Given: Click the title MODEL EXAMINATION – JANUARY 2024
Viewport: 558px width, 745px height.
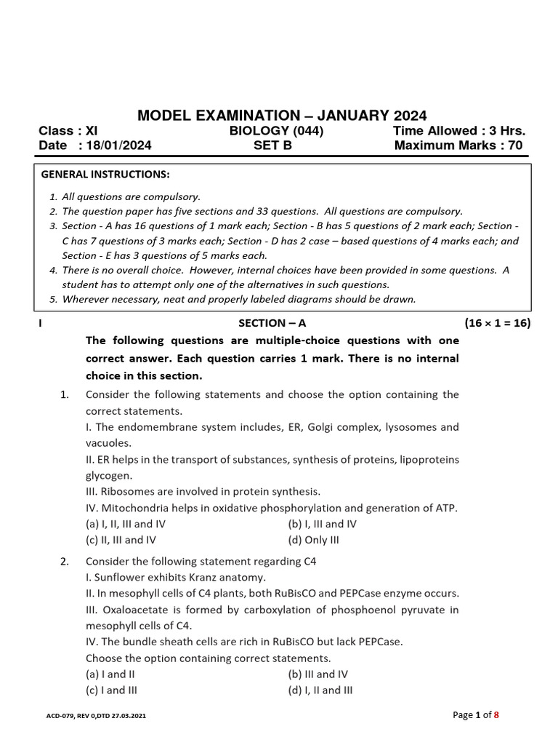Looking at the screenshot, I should click(283, 116).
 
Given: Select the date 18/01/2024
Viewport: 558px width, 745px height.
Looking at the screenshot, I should click(119, 146).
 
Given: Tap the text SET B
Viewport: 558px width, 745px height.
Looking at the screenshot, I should click(272, 146).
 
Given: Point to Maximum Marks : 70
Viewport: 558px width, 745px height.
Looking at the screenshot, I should click(458, 146).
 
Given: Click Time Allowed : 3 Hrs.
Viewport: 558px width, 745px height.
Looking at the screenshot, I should click(458, 131).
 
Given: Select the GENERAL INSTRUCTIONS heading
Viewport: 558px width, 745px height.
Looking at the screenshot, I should click(105, 175).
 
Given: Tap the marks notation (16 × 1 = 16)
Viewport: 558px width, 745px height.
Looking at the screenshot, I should click(497, 323).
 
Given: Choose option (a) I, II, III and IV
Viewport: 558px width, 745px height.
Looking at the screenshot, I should click(126, 524).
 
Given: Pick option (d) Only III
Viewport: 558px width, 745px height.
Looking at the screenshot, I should click(313, 540).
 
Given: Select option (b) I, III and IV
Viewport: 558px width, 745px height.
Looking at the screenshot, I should click(322, 524).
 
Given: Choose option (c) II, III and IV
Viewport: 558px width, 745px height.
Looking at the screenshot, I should click(121, 540).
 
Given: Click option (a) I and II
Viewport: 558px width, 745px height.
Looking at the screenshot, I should click(110, 674).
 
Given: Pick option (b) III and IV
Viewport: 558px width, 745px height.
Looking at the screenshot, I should click(318, 674).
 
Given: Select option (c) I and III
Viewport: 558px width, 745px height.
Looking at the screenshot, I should click(111, 690).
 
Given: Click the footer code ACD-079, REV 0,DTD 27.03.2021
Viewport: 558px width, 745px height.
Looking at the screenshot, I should click(96, 717).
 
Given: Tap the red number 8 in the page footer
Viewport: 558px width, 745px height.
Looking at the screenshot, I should click(496, 715).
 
